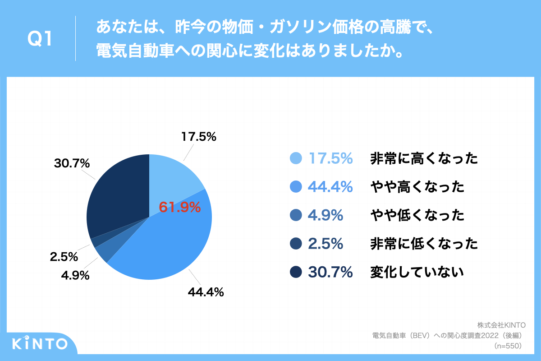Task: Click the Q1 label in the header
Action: (40, 39)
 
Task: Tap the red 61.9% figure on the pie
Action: (179, 207)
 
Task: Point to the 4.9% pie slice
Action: (103, 253)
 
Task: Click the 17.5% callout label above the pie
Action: (199, 136)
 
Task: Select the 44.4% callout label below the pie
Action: (206, 292)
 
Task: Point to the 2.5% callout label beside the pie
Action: (64, 257)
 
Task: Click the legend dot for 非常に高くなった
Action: (295, 158)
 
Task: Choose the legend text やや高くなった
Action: (417, 187)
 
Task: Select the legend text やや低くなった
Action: (417, 215)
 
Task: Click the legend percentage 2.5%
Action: (326, 244)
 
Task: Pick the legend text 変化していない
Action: (417, 272)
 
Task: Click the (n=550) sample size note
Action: (508, 346)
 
